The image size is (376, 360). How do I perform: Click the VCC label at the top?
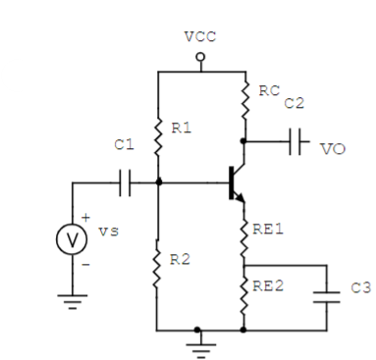201,36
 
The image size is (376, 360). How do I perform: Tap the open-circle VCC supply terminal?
201,58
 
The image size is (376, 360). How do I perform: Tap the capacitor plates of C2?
293,139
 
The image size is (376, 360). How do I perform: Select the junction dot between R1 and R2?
157,182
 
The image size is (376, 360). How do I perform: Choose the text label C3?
359,290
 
